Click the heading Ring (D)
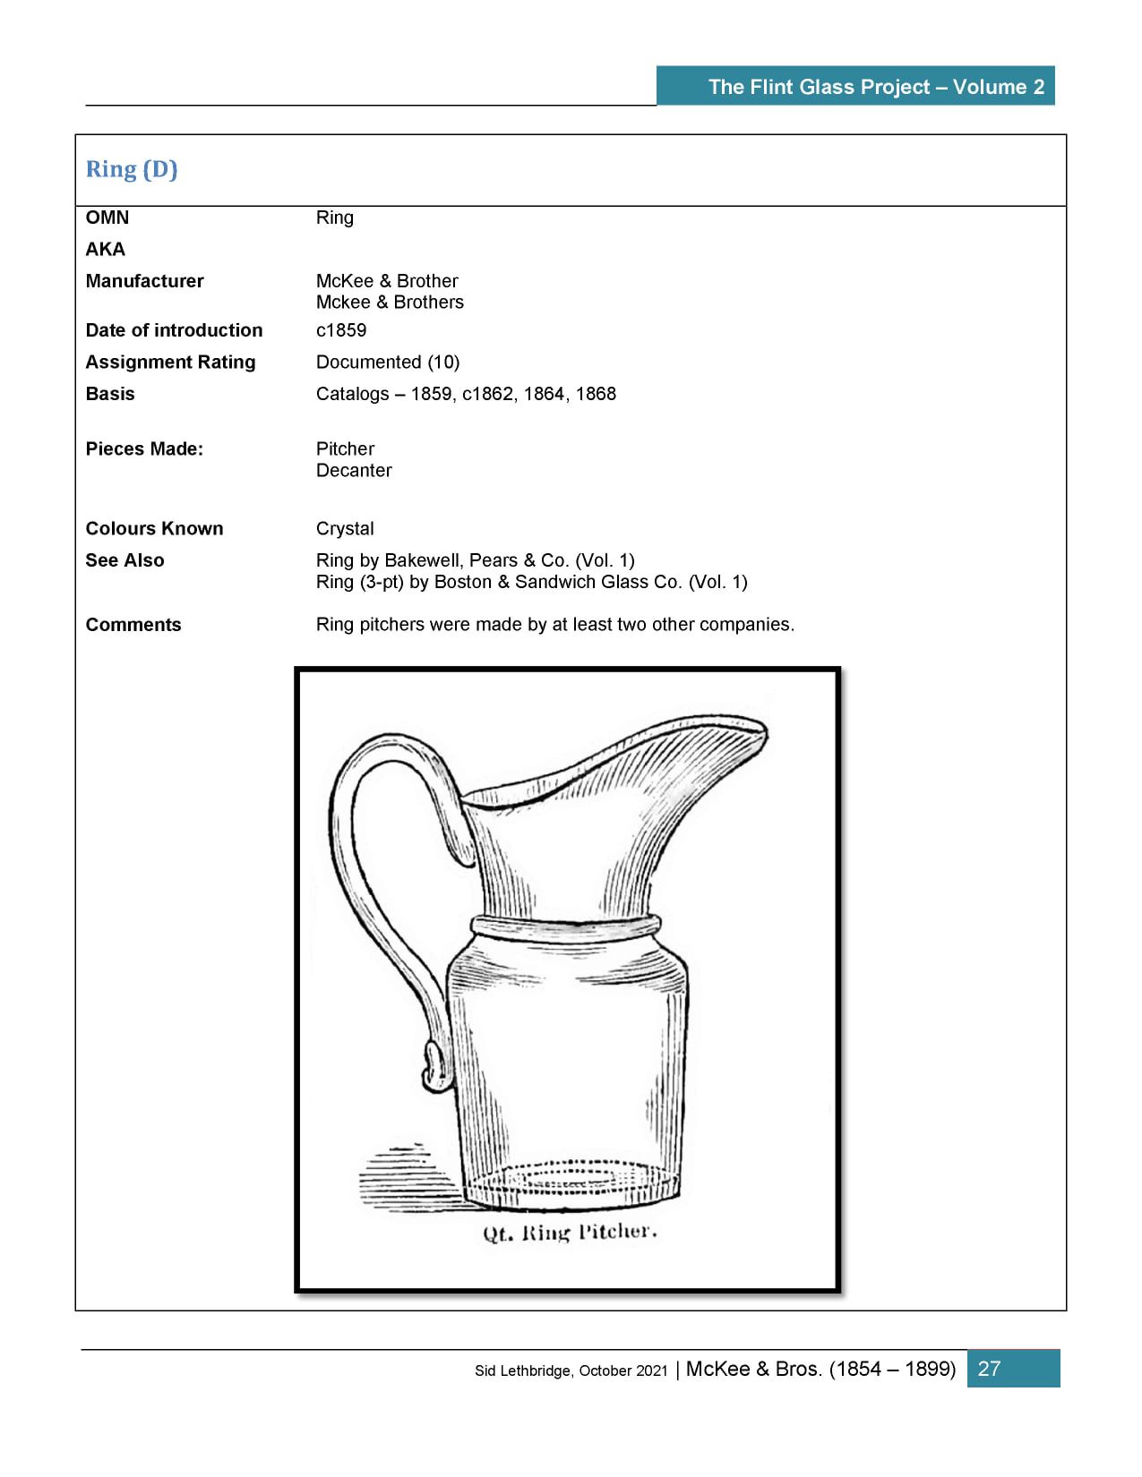[x=132, y=169]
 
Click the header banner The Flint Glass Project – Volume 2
[x=875, y=87]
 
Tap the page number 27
[x=989, y=1368]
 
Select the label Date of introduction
[x=174, y=330]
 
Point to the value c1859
[x=341, y=330]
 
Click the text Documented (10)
[x=387, y=362]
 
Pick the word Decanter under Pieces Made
[x=354, y=470]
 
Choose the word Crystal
[x=345, y=528]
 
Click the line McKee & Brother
[x=387, y=281]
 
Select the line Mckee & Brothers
[x=390, y=303]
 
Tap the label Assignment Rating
[x=170, y=362]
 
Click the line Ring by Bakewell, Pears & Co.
[x=475, y=560]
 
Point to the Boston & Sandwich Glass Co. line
[x=531, y=582]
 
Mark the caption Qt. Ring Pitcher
[x=570, y=1233]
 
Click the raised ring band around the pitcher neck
[x=567, y=926]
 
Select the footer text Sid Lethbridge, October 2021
[x=571, y=1370]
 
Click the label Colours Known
[x=154, y=528]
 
